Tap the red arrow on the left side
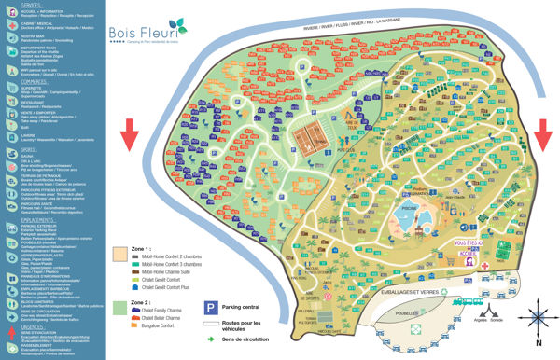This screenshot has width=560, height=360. (x=131, y=135)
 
